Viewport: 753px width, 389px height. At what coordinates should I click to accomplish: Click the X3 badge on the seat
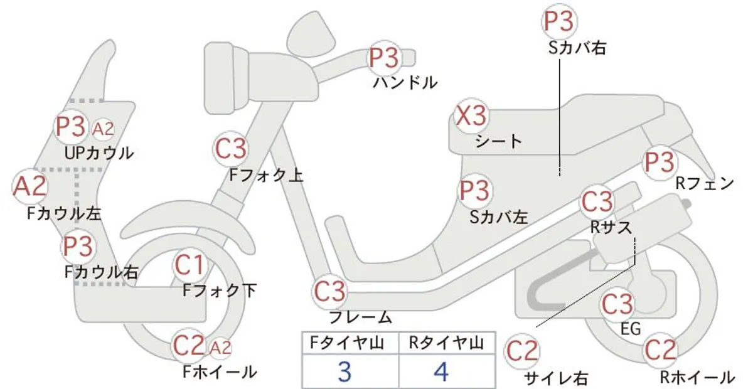coord(470,116)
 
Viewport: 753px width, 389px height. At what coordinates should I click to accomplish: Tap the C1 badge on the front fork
coord(190,265)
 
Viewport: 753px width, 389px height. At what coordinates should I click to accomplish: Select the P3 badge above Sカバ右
coord(558,21)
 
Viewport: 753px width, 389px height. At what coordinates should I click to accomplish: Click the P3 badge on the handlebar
coord(384,58)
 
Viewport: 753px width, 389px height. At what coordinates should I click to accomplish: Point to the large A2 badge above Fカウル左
coord(29,186)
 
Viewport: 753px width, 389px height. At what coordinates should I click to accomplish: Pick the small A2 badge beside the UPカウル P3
coord(103,129)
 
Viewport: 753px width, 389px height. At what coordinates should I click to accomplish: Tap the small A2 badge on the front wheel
coord(220,348)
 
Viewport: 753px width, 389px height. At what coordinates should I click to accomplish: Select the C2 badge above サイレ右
coord(522,351)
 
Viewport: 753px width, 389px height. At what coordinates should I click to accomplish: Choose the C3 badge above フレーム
coord(329,292)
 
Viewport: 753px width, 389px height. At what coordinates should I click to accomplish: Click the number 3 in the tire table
coord(345,372)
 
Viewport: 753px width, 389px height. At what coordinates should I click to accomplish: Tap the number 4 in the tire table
coord(441,372)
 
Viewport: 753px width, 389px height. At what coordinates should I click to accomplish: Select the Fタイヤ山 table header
coord(347,343)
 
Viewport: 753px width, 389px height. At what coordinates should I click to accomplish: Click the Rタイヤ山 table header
coord(446,343)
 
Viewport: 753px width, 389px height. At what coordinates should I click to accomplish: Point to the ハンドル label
coord(405,83)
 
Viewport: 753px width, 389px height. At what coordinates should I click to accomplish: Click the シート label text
coord(498,142)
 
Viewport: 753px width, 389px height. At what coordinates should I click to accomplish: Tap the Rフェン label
coord(705,184)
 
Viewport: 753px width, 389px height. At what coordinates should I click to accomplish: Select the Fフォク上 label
coord(266,175)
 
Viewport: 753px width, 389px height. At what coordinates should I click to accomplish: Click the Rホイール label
coord(697,378)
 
